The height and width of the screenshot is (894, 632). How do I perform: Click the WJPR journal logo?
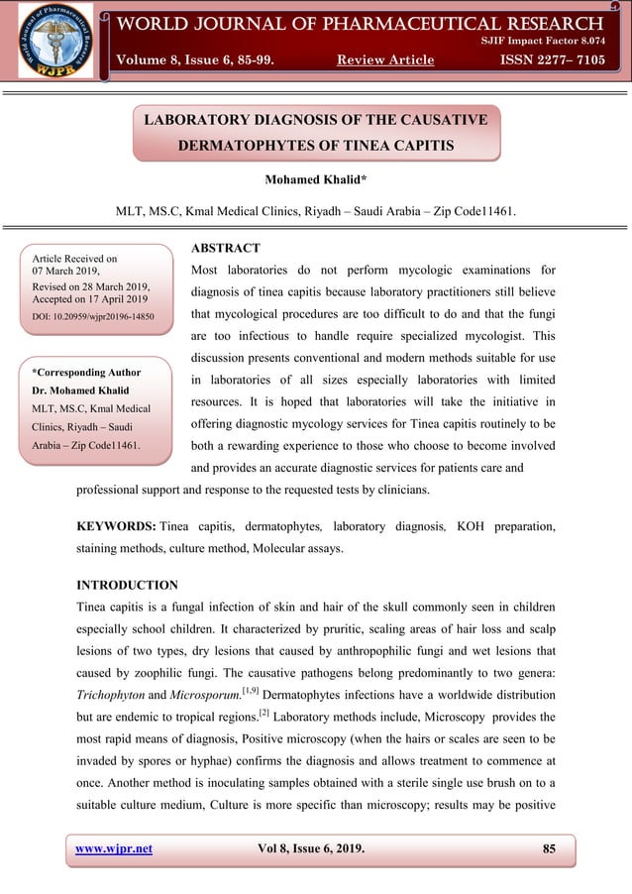click(55, 42)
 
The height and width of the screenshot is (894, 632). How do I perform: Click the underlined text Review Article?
click(385, 60)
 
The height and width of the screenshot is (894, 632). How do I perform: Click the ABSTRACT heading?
click(224, 248)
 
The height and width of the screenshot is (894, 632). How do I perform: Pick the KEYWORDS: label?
click(116, 526)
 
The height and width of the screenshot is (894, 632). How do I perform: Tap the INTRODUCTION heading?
click(127, 585)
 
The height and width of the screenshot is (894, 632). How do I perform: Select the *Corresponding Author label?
click(86, 373)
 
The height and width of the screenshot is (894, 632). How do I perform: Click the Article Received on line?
click(74, 258)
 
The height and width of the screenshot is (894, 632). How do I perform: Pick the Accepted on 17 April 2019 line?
click(89, 298)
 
